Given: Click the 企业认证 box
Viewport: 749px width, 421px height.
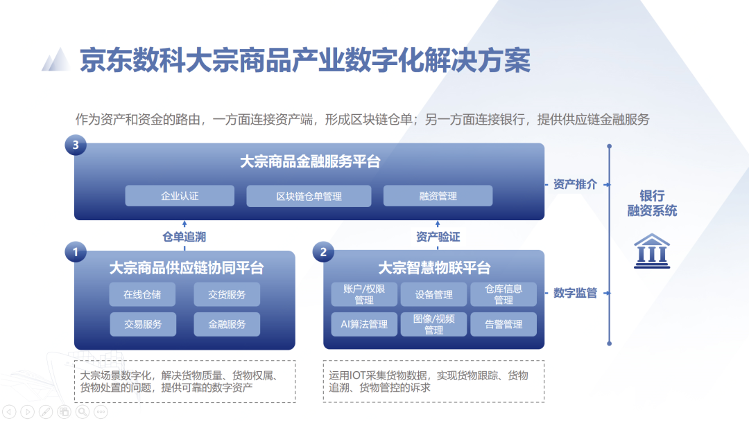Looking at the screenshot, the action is tap(180, 196).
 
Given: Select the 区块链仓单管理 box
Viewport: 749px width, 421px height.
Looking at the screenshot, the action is tap(309, 196).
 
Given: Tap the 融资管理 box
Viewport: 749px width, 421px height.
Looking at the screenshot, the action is tap(438, 196).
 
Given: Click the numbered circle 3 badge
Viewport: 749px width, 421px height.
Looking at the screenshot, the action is tap(76, 145).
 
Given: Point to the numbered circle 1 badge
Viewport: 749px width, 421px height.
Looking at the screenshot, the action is tap(76, 252).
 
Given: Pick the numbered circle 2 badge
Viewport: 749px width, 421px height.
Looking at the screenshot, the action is tap(323, 252).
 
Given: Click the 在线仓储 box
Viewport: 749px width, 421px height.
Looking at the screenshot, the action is tap(142, 295).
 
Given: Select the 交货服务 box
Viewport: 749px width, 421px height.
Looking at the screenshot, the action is tap(227, 295).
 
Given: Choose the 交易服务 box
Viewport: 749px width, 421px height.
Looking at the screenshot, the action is tap(143, 324).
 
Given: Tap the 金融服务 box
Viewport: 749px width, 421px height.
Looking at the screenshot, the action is tap(227, 324).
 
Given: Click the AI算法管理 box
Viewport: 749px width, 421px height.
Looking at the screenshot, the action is tap(364, 324).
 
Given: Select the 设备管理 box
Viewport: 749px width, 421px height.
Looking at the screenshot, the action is tap(433, 295).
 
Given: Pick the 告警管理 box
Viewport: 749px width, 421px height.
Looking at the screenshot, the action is tap(503, 324).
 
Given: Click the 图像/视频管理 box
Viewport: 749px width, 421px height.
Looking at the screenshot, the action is tap(433, 324).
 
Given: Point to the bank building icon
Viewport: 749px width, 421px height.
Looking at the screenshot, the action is tap(652, 251).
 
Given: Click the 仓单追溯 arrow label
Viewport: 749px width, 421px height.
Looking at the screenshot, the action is tap(184, 237).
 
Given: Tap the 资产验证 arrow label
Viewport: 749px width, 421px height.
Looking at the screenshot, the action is tap(438, 237).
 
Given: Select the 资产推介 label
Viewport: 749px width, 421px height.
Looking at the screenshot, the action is tap(575, 184).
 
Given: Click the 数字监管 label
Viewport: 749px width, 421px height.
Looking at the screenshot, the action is tap(575, 293).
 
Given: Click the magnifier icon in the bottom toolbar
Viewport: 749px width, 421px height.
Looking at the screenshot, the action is tap(83, 411).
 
